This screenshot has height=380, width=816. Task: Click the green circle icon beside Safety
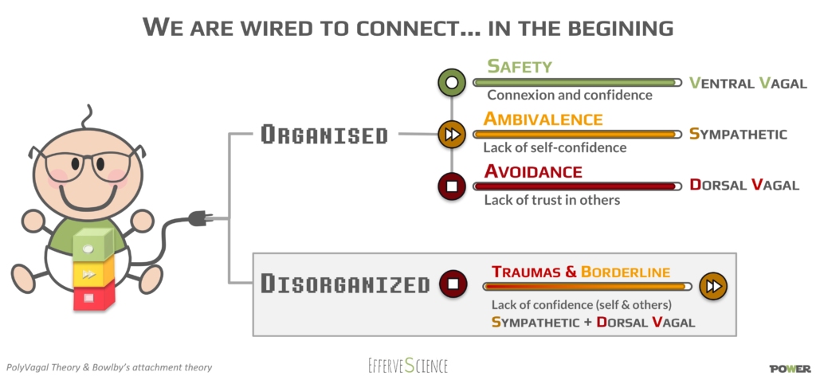point(451,82)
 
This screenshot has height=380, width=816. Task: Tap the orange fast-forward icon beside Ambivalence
point(452,134)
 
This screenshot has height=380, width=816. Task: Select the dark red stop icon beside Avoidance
point(452,186)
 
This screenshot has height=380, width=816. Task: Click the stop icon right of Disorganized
point(453,284)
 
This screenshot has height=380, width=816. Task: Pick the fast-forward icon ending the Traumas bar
point(712,286)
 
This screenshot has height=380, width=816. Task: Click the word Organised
point(324,135)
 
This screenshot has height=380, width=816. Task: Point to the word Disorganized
point(345,284)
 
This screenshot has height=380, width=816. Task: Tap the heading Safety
point(519,67)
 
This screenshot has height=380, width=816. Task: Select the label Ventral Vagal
point(747,83)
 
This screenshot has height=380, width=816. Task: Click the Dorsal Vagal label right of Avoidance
point(744,185)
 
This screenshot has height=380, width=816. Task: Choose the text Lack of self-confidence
point(555,148)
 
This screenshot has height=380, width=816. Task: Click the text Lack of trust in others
point(552,200)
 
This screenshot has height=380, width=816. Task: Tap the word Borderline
point(626,272)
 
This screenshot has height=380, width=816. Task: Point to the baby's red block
point(94,296)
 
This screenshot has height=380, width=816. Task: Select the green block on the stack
point(93,245)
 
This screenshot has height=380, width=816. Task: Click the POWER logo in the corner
point(790,369)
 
